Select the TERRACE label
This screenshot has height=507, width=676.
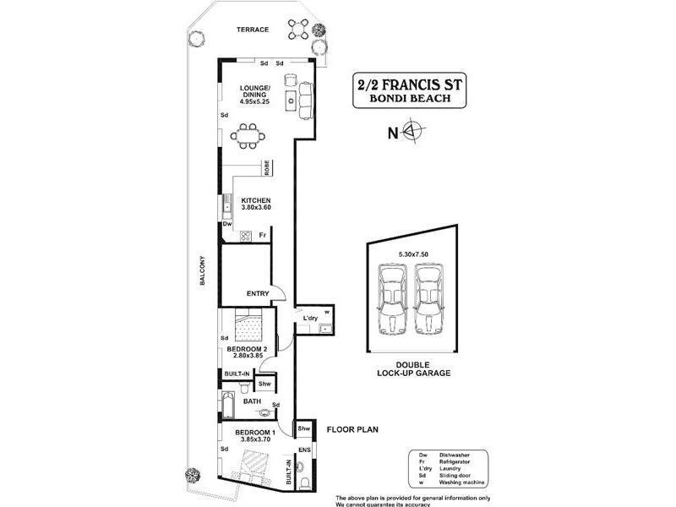(252, 30)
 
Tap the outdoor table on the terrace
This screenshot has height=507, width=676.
(297, 29)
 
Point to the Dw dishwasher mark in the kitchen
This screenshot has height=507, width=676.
(226, 225)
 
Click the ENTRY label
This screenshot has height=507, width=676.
(257, 293)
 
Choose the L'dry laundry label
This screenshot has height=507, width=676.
(310, 318)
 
